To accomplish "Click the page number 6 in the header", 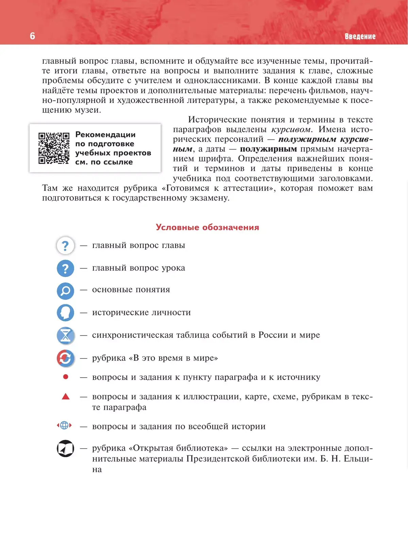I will pyautogui.click(x=32, y=36).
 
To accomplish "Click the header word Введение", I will pyautogui.click(x=360, y=36).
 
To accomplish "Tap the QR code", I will pyautogui.click(x=54, y=148).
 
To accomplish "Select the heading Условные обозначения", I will pyautogui.click(x=207, y=227).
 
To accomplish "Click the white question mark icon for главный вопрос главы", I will pyautogui.click(x=65, y=246).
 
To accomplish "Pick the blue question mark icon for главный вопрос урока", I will pyautogui.click(x=65, y=268).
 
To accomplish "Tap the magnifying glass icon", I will pyautogui.click(x=65, y=291).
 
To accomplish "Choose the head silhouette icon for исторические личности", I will pyautogui.click(x=65, y=313).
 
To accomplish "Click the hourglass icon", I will pyautogui.click(x=65, y=335).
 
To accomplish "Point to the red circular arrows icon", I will pyautogui.click(x=65, y=358).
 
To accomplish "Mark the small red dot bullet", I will pyautogui.click(x=66, y=377).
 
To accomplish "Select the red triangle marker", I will pyautogui.click(x=66, y=397).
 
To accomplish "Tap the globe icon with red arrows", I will pyautogui.click(x=64, y=425).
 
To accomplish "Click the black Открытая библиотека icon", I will pyautogui.click(x=65, y=448).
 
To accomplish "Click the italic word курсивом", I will pyautogui.click(x=291, y=130).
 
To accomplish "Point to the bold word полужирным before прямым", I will pyautogui.click(x=268, y=149).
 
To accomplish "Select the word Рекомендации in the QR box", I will pyautogui.click(x=105, y=135).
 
